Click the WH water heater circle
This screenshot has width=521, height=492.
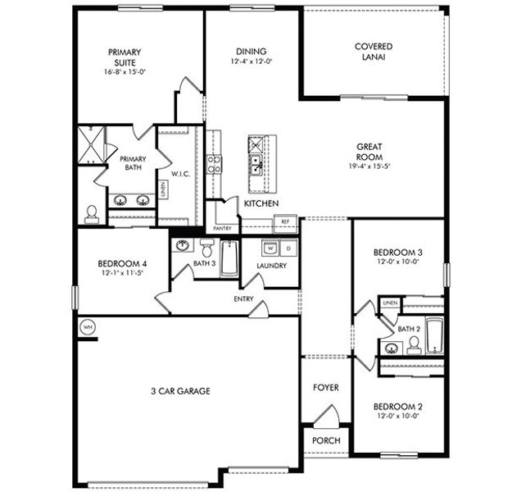tap(88, 326)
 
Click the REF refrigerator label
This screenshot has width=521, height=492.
tap(286, 221)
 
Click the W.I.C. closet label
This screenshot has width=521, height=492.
tap(180, 174)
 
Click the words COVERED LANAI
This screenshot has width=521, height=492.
tap(373, 52)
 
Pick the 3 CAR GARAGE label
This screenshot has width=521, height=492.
tap(181, 391)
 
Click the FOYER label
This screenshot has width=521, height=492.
tap(325, 387)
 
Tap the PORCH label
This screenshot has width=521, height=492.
tap(325, 441)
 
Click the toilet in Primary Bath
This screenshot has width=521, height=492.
tap(92, 213)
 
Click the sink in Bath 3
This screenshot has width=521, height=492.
tap(183, 245)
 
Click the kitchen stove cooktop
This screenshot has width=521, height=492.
tap(214, 164)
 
